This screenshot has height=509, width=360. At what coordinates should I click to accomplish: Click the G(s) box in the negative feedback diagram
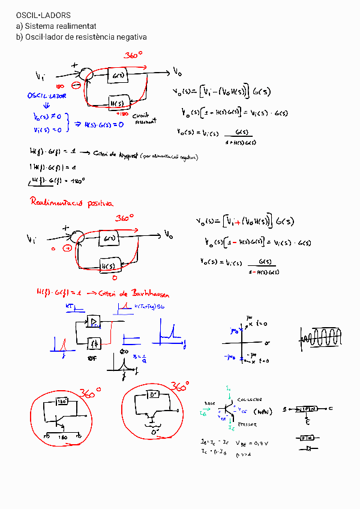tap(118, 76)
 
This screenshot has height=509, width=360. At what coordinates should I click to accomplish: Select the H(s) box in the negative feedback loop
tap(118, 103)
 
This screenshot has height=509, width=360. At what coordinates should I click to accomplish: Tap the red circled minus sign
tap(77, 85)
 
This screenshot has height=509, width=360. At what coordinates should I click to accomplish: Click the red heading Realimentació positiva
tap(71, 203)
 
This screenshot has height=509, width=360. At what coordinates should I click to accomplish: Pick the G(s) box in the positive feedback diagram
tap(109, 238)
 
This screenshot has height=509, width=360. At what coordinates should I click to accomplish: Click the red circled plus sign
tap(68, 247)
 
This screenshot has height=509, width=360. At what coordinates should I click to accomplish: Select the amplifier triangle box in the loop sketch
tap(94, 322)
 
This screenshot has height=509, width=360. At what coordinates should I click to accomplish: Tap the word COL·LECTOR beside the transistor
tap(249, 399)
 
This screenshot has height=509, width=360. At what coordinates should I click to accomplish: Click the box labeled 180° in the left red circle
tap(62, 401)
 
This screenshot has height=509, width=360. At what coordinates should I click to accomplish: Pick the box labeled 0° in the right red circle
tap(154, 396)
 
